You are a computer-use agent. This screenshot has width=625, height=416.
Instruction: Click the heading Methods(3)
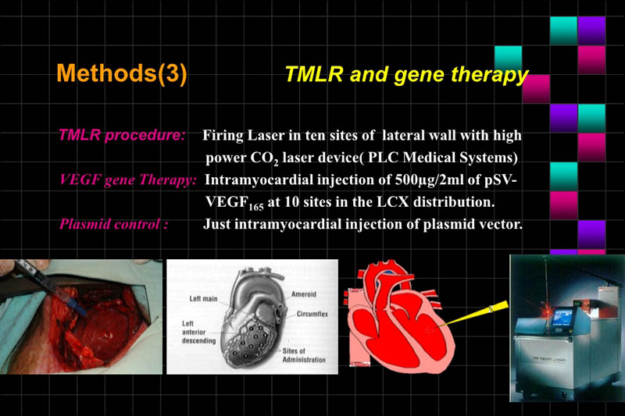coord(122,74)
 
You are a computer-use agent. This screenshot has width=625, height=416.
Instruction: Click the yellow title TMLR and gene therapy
coord(407,75)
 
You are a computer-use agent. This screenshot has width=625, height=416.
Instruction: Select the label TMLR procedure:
coord(121,134)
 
